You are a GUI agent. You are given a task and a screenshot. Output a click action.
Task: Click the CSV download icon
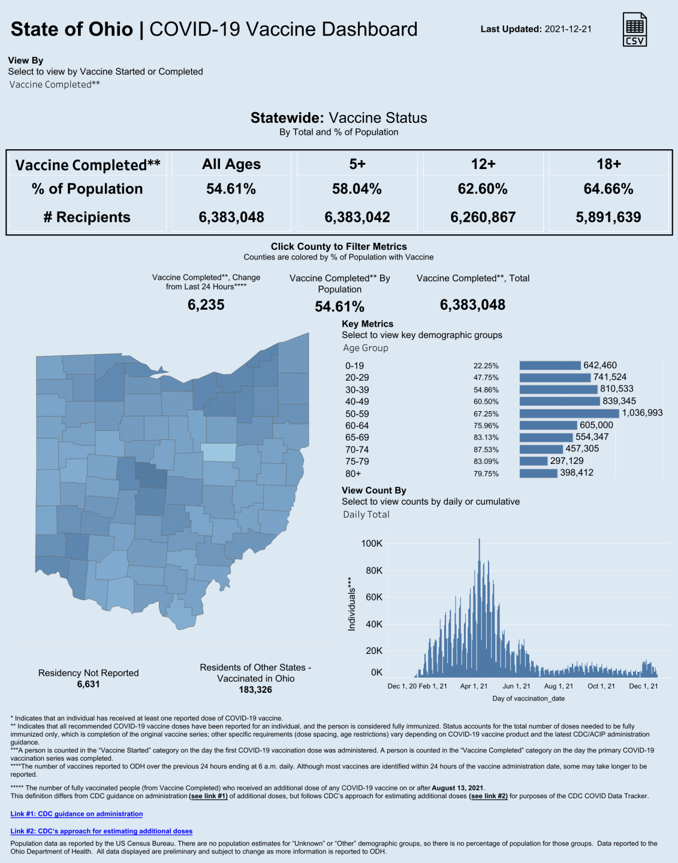[635, 29]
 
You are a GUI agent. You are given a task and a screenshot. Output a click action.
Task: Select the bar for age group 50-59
[569, 414]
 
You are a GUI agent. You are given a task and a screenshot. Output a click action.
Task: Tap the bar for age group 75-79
[534, 461]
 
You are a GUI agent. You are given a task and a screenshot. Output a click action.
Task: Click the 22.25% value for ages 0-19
[486, 366]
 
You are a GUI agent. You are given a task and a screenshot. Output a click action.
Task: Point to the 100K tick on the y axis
[372, 544]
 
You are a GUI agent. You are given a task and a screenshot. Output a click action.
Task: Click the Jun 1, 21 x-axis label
[516, 686]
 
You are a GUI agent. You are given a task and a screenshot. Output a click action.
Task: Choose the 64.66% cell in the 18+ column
[608, 189]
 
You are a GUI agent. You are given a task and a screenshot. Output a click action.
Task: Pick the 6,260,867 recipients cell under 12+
[483, 217]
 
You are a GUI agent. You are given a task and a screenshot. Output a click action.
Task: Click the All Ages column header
[231, 164]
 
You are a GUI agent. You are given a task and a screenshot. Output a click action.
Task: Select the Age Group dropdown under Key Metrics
[366, 348]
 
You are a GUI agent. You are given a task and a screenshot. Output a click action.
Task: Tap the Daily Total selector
[366, 515]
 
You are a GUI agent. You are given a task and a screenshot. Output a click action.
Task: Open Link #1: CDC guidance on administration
[77, 814]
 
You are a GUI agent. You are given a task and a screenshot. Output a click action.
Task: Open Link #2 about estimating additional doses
[101, 831]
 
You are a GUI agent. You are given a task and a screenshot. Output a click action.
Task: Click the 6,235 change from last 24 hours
[206, 305]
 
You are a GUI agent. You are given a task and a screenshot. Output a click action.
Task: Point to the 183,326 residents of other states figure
[255, 690]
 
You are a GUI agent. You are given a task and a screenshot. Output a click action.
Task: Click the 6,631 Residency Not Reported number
[88, 684]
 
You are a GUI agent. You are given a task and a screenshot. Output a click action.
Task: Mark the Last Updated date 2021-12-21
[568, 29]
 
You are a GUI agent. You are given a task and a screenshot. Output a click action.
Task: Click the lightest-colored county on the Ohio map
[218, 452]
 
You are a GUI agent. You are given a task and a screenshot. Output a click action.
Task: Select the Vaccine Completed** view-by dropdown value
[55, 85]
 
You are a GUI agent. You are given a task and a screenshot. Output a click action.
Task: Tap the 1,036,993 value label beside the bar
[642, 413]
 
